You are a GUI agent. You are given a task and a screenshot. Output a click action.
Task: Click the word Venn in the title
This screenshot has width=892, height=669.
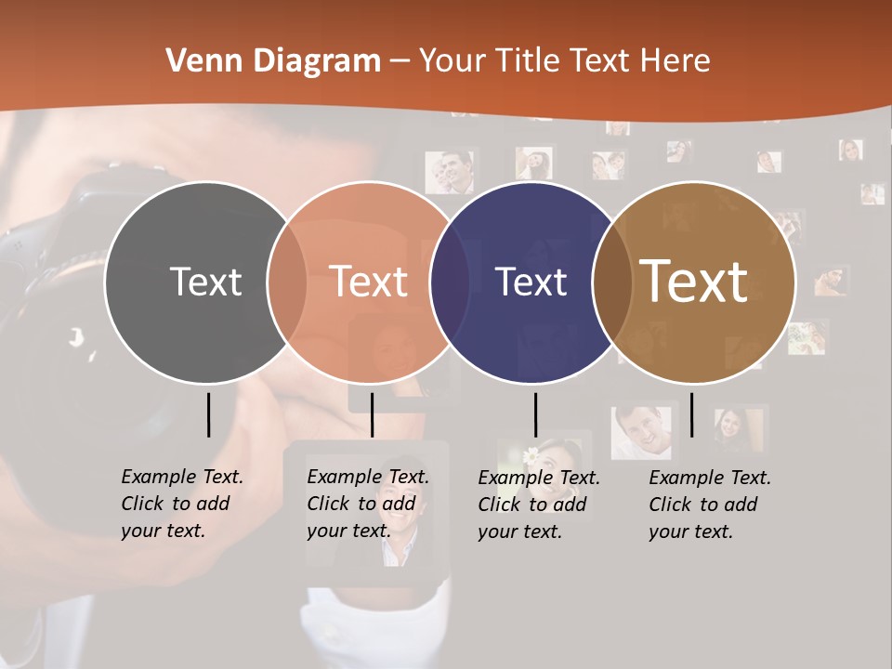click(199, 61)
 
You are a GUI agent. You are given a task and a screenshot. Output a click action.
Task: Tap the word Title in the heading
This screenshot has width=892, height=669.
click(531, 61)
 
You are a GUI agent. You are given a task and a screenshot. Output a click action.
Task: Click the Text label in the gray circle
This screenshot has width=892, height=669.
click(205, 282)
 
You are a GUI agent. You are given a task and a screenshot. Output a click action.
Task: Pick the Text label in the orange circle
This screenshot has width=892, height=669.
click(369, 282)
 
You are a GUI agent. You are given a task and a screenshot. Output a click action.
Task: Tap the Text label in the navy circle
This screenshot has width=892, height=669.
click(531, 282)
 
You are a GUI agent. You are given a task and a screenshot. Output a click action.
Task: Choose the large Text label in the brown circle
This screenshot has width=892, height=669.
click(694, 281)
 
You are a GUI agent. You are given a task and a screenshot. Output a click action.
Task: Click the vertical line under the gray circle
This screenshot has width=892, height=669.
click(208, 414)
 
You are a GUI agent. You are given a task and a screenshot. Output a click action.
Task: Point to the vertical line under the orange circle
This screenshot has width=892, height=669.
click(372, 414)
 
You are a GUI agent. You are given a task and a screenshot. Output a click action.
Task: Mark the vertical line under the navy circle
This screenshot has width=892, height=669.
click(535, 414)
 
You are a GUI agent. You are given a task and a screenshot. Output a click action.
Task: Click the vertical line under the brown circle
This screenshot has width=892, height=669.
click(691, 414)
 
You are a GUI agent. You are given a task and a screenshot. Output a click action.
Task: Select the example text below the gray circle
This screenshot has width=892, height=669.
click(181, 504)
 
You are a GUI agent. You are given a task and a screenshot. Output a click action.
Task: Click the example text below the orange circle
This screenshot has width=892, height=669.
click(367, 504)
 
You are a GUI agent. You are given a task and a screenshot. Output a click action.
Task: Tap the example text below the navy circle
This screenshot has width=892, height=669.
click(538, 505)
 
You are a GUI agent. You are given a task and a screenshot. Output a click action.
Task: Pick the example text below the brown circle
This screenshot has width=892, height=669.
click(709, 505)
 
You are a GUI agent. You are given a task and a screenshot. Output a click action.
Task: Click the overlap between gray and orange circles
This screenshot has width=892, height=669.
click(287, 282)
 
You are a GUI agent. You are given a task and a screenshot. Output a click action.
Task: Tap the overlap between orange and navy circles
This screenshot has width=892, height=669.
click(451, 282)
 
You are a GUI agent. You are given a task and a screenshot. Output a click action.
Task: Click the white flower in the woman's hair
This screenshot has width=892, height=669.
click(531, 456)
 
